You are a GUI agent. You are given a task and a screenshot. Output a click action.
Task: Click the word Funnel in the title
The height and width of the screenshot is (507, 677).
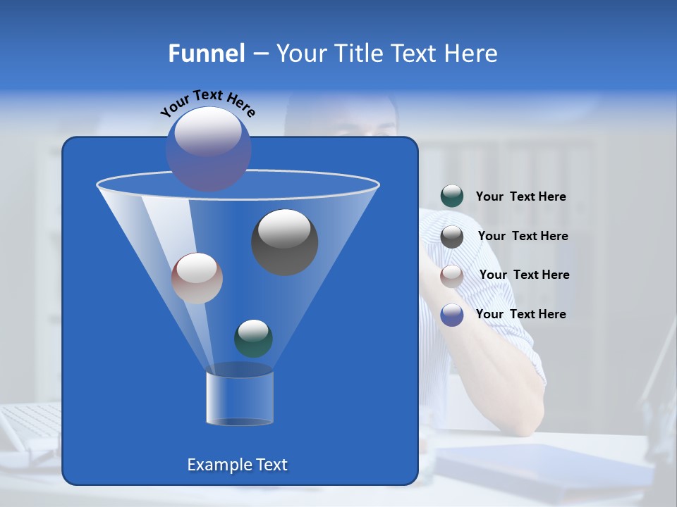(x=206, y=54)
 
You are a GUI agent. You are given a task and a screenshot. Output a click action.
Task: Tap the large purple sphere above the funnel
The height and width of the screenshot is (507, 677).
(x=208, y=148)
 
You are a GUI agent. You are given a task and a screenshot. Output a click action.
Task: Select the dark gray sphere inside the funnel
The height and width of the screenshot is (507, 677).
(x=284, y=242)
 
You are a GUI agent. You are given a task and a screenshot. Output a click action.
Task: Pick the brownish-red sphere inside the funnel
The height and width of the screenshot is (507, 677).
(x=197, y=278)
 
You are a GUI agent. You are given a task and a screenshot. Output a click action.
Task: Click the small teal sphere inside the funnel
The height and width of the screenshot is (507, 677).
(x=253, y=338)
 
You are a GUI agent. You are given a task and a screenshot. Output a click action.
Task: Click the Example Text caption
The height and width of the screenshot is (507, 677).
(x=237, y=465)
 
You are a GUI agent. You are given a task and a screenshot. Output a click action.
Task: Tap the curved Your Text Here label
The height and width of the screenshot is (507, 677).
(x=207, y=102)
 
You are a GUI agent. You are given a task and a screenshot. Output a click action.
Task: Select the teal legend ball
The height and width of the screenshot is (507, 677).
(x=452, y=196)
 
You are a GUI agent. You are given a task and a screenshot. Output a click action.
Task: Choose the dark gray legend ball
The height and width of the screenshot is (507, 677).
(x=452, y=237)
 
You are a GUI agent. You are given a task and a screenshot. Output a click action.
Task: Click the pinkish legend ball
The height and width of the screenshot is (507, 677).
(x=452, y=275)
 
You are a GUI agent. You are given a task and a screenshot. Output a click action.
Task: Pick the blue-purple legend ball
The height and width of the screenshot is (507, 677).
(x=452, y=315)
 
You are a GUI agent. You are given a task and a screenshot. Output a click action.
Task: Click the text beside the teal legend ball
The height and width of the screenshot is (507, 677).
(x=520, y=197)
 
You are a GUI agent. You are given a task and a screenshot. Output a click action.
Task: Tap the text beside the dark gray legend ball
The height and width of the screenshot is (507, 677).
(x=523, y=237)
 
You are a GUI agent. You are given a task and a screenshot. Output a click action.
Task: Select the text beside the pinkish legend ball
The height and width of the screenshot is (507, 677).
(x=524, y=275)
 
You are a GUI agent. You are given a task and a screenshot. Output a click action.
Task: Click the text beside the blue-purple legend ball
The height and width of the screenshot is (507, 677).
(x=520, y=315)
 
